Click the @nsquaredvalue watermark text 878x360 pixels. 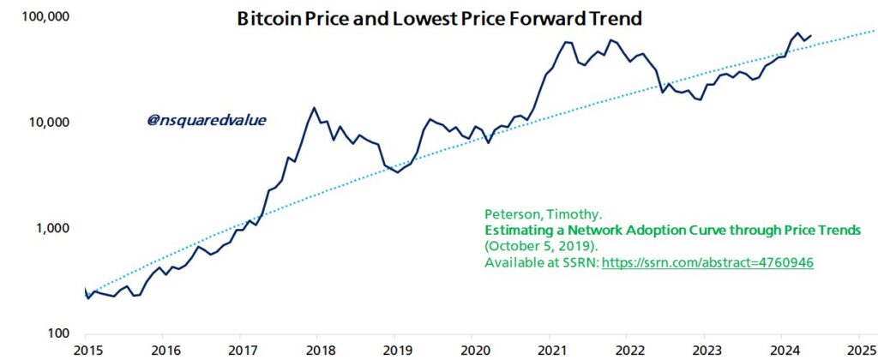coord(206,120)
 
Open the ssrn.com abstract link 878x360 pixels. coord(707,263)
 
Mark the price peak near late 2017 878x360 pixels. coord(314,108)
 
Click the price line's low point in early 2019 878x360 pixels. coord(397,172)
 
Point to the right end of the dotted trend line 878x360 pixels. coord(875,30)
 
